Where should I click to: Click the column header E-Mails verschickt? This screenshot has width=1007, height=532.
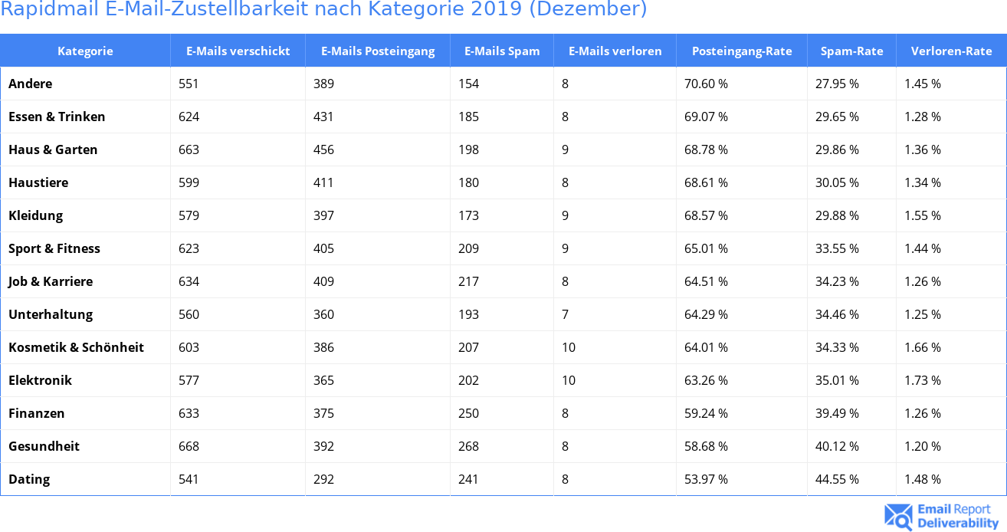(x=238, y=51)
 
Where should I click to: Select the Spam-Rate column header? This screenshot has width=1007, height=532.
(x=851, y=51)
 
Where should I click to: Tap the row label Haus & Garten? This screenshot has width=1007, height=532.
(x=53, y=149)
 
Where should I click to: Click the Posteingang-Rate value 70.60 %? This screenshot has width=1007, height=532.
(x=706, y=84)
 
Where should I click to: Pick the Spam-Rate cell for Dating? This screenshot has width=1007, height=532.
(x=837, y=479)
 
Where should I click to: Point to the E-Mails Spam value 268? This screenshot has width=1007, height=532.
(x=468, y=446)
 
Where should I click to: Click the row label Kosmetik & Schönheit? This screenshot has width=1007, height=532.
(x=76, y=347)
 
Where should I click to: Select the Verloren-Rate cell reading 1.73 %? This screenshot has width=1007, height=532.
(x=922, y=380)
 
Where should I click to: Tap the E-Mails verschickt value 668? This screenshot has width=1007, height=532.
(x=189, y=446)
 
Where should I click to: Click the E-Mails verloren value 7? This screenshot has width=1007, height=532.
(x=565, y=314)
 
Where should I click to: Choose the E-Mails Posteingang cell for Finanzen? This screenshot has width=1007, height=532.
(x=323, y=413)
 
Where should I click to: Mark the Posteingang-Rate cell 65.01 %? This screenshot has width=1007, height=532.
(x=706, y=248)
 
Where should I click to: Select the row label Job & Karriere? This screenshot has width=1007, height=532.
(x=51, y=281)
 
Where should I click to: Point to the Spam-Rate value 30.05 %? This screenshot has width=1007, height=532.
(x=837, y=182)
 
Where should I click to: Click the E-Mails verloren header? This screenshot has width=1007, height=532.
(x=615, y=51)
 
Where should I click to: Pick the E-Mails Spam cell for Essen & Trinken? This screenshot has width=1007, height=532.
(x=468, y=117)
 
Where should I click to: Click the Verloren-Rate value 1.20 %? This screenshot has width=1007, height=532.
(x=922, y=446)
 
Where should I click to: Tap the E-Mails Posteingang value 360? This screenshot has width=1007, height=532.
(x=323, y=314)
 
